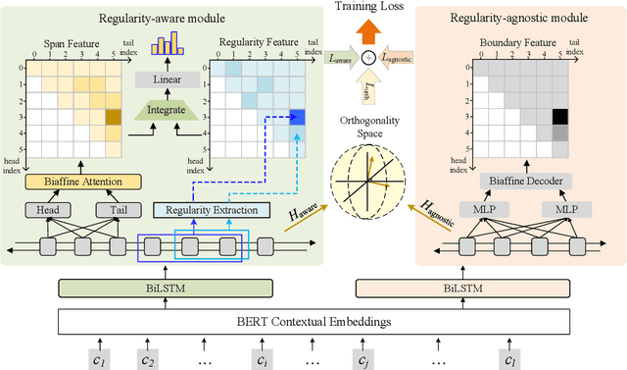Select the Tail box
pyautogui.click(x=110, y=209)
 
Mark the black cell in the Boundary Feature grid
pyautogui.click(x=559, y=117)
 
